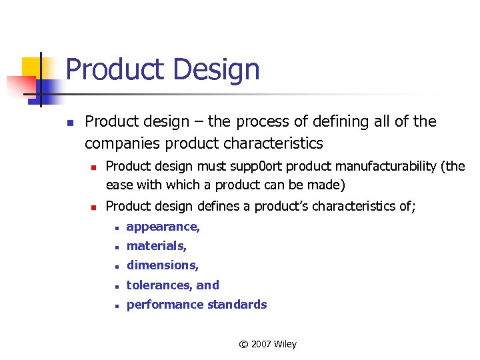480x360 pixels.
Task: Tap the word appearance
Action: tap(162, 227)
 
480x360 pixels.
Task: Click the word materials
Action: tap(156, 246)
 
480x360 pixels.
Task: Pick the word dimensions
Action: tap(162, 265)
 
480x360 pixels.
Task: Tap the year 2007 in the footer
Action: tap(262, 345)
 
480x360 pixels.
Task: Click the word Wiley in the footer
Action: tap(286, 345)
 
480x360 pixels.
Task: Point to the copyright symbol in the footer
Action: tap(243, 345)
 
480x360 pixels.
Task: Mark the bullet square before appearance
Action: tap(116, 228)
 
